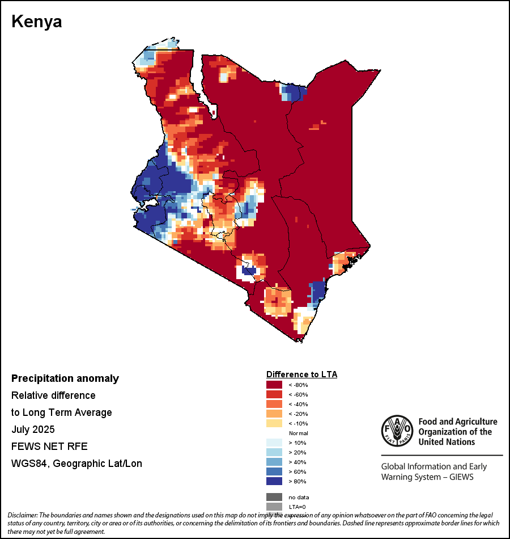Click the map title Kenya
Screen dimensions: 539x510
(x=37, y=22)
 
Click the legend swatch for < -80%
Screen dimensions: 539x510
(x=274, y=385)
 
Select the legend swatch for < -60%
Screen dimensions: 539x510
(x=274, y=395)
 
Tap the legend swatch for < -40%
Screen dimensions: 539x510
(x=274, y=405)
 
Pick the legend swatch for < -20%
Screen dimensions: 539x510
(x=274, y=414)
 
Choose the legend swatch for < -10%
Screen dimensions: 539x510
(x=274, y=424)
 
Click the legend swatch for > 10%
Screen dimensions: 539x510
(x=274, y=443)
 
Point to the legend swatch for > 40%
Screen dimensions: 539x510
(x=274, y=462)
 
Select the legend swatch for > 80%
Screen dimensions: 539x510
(x=274, y=482)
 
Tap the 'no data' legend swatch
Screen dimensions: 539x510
(x=274, y=497)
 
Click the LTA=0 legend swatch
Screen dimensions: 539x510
(x=274, y=507)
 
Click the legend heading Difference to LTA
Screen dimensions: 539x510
(x=301, y=374)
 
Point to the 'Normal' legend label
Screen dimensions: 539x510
(x=298, y=433)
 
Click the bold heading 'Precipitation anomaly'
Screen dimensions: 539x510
(x=65, y=378)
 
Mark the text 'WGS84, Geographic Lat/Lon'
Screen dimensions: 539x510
(x=76, y=464)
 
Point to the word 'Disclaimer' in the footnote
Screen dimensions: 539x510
(x=22, y=515)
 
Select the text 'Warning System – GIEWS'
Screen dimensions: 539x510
(x=427, y=477)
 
